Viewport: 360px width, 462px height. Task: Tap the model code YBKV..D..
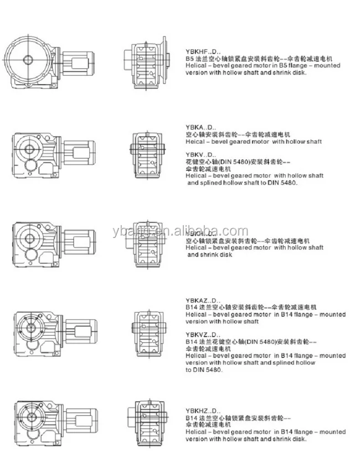coord(198,155)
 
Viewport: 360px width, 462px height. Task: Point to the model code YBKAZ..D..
coord(200,299)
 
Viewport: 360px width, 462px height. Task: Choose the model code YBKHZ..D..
coord(200,412)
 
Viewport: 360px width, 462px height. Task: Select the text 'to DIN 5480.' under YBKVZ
coord(204,370)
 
